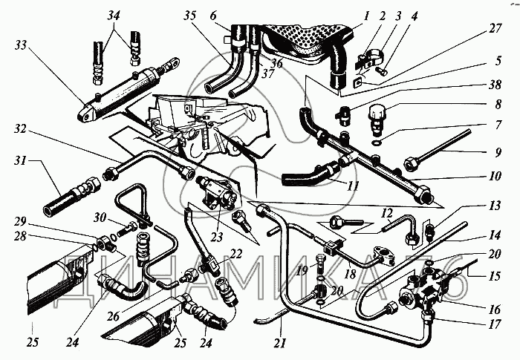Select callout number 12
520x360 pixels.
[x=386, y=213]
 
